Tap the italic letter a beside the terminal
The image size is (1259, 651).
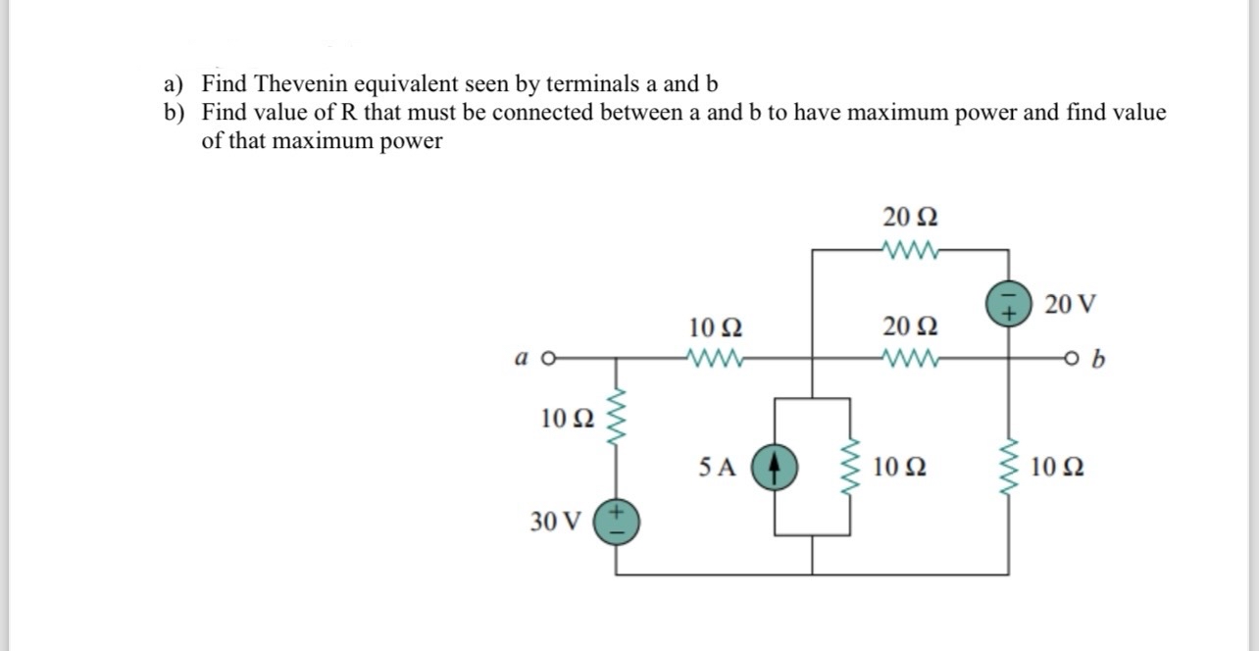pos(520,359)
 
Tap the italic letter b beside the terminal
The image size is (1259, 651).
pos(1097,360)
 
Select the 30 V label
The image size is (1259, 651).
pos(555,521)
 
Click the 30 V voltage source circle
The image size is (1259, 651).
pos(618,520)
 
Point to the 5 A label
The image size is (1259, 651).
pos(718,467)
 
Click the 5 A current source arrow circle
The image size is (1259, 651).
pos(775,467)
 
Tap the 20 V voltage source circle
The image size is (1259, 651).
pos(1008,305)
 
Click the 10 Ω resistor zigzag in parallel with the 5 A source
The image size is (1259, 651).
pos(849,467)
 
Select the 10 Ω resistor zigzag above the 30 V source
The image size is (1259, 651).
pos(618,417)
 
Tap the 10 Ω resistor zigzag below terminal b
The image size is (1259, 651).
pos(1008,467)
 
